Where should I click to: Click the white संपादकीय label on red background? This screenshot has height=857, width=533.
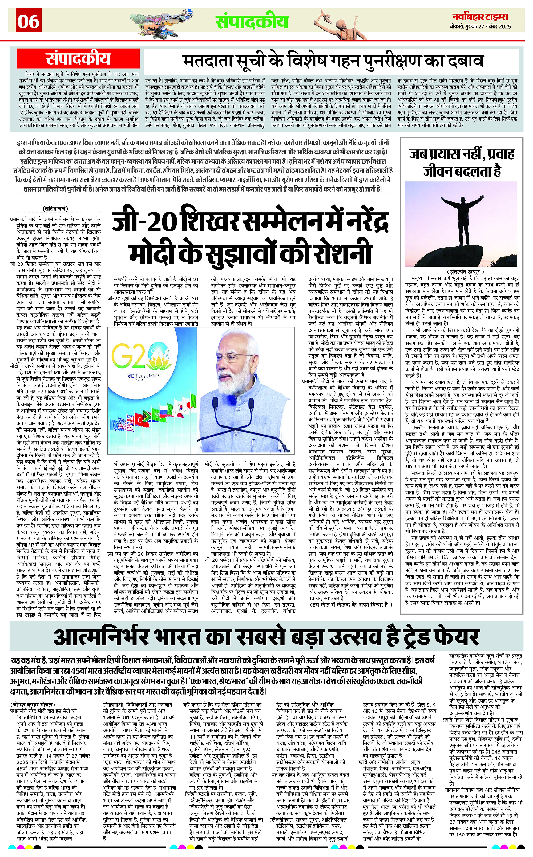tap(78, 59)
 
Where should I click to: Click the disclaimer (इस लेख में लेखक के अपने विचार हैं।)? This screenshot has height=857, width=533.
tap(351, 604)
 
